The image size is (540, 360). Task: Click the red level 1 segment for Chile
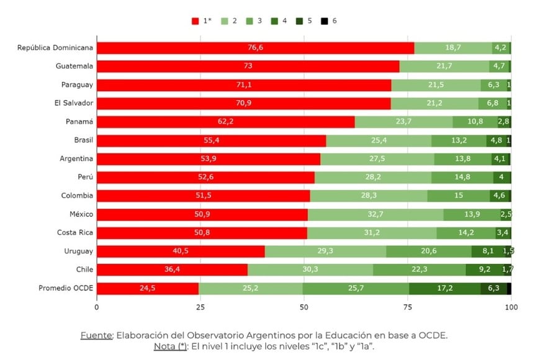click(172, 270)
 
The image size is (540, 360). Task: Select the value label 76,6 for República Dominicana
click(256, 48)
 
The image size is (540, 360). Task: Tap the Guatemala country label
click(74, 66)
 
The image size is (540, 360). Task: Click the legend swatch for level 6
click(325, 20)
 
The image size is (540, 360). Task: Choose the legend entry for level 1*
click(203, 20)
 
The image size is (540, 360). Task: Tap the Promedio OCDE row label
click(65, 288)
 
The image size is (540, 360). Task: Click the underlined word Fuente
click(97, 335)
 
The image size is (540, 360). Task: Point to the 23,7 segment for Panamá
click(403, 122)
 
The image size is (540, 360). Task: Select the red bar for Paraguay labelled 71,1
click(244, 85)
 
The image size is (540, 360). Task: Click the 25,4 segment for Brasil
click(379, 141)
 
